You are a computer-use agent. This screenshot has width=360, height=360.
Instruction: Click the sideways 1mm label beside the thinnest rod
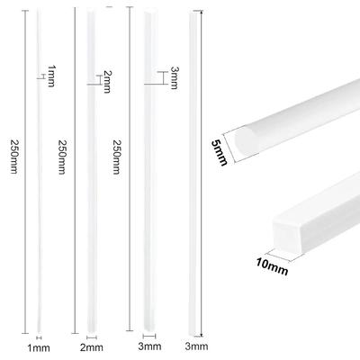pos(51,76)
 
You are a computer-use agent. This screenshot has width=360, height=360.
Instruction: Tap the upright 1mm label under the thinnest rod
pos(39,348)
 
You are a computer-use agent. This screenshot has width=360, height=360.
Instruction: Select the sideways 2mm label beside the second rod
pos(107,82)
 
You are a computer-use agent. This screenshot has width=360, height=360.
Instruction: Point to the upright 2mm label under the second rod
pos(92,347)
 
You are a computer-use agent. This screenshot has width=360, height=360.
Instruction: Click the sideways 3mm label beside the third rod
pos(175,78)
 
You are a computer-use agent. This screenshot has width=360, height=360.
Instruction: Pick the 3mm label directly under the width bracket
pos(149,346)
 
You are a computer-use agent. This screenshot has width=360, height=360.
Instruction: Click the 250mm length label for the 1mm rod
pos(14,157)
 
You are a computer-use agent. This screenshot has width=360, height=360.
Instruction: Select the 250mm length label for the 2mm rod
pos(61,157)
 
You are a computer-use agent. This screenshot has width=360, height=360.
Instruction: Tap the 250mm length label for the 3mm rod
pos(116,157)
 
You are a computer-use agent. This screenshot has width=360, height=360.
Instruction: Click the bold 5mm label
pos(220,153)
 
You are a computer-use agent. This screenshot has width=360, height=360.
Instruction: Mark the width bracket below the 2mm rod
pos(92,337)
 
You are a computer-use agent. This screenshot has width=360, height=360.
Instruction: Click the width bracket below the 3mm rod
pos(149,336)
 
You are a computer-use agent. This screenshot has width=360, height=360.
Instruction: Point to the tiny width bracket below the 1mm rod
pos(39,337)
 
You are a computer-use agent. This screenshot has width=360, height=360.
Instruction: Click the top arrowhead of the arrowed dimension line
pos(202,12)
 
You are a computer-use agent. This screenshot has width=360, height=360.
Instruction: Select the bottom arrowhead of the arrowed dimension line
pos(202,335)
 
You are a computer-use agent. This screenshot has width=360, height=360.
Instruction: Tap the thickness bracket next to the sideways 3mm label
pos(162,78)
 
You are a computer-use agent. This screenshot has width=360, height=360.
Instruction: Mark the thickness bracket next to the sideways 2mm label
pos(99,80)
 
